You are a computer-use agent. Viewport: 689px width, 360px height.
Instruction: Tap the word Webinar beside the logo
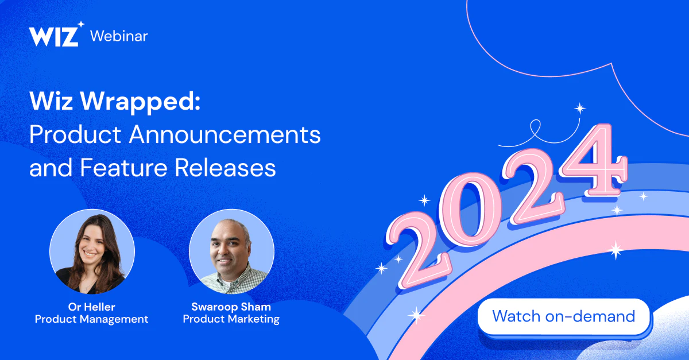pos(119,36)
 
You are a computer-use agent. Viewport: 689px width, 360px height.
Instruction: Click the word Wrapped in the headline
pos(140,101)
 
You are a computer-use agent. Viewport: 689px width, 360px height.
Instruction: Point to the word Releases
pos(225,168)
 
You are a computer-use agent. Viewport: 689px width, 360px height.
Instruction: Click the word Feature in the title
pos(123,168)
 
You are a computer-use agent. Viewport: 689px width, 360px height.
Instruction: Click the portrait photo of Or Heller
pos(92,251)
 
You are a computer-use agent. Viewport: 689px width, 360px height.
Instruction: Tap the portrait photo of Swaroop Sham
pos(231,251)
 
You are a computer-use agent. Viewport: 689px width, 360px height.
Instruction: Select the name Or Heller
pos(92,307)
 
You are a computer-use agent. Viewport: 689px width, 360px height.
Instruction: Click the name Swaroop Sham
pos(231,307)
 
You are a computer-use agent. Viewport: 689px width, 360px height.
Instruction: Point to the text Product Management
pos(92,319)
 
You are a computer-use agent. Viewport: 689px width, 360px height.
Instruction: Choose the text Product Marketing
pos(231,319)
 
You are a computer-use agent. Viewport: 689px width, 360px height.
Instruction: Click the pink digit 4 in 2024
pos(594,160)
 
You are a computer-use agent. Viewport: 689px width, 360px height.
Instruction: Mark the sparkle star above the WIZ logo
pos(81,24)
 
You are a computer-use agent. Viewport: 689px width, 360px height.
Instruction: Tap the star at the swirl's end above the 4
pos(580,109)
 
